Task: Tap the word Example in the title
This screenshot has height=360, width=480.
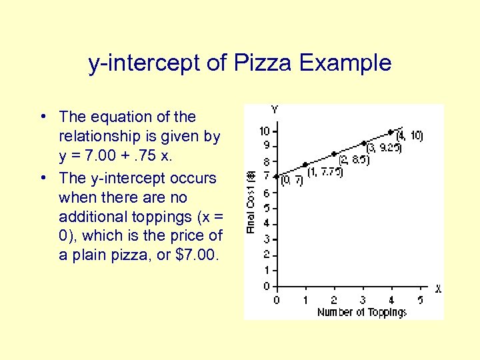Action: click(345, 63)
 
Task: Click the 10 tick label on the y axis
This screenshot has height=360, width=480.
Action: click(264, 131)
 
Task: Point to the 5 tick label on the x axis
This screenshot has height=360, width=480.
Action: click(419, 300)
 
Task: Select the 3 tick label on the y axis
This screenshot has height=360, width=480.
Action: click(266, 239)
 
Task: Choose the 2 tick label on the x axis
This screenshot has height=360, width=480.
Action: click(334, 300)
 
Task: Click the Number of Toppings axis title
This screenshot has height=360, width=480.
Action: click(361, 312)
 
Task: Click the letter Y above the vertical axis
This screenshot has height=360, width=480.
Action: click(275, 109)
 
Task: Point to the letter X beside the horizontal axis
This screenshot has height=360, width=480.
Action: click(437, 289)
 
